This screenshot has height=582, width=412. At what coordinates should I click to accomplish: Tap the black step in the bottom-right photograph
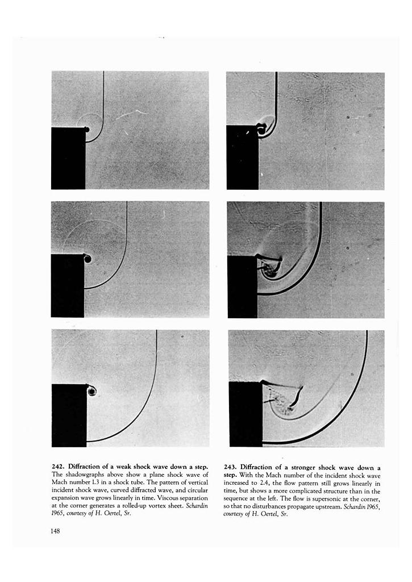(x=245, y=414)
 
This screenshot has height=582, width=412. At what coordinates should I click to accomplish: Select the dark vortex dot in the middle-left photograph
(x=88, y=259)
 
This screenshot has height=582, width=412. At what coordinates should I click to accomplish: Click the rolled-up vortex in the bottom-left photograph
(x=91, y=391)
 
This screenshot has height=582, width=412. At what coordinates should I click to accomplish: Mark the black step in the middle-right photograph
(x=243, y=286)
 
